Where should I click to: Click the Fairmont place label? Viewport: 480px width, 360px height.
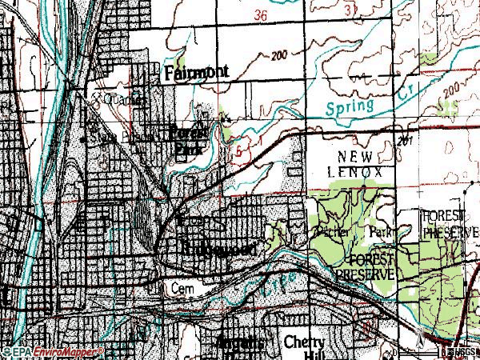coord(196,72)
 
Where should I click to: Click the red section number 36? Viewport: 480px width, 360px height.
coord(258,15)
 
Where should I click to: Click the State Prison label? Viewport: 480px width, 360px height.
coord(108,136)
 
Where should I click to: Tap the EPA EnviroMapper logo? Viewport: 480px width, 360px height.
coord(53,351)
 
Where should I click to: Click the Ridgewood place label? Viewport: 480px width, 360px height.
coord(218,250)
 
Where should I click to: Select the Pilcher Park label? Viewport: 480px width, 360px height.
coord(352,232)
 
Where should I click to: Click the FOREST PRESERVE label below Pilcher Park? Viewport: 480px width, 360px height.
coord(364,268)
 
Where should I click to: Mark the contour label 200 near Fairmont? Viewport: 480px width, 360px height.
coord(278,56)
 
